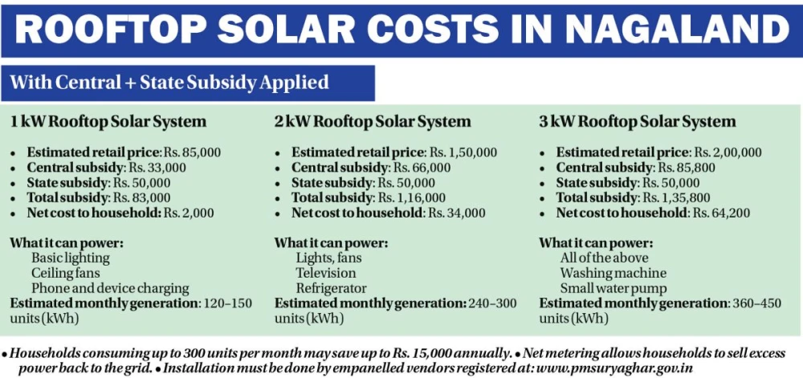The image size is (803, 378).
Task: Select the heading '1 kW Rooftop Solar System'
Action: point(108,122)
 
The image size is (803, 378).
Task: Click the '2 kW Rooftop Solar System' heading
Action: point(373,122)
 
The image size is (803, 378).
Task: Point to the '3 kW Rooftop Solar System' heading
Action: point(638,122)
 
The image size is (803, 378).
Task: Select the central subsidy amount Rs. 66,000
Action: point(422,167)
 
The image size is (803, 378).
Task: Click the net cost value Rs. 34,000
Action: point(456,213)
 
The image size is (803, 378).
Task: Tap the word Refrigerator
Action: point(331,288)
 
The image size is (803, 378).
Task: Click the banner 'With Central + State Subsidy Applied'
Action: point(169,82)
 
